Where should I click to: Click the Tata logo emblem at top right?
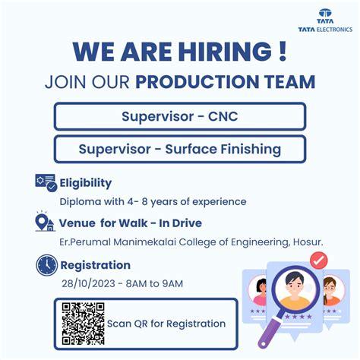(x=325, y=14)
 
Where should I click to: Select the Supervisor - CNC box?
(x=180, y=116)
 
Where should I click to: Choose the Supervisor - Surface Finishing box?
(x=180, y=149)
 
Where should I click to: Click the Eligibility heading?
(x=86, y=182)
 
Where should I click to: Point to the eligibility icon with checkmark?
(x=46, y=183)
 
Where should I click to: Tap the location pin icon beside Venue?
(x=45, y=223)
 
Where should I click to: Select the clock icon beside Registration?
(x=46, y=265)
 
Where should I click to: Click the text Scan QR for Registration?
(x=166, y=324)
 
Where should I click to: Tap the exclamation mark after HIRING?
(x=283, y=52)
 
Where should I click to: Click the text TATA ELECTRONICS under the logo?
(x=326, y=29)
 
